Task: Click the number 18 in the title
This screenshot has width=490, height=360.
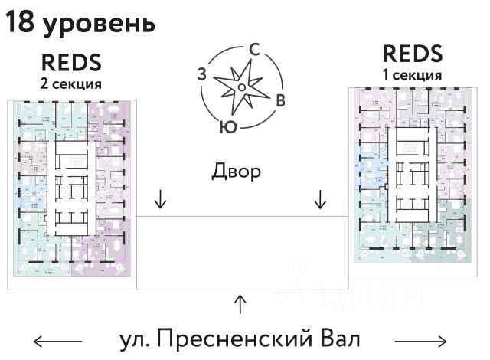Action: [x=20, y=23]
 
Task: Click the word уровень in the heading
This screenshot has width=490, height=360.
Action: [x=99, y=25]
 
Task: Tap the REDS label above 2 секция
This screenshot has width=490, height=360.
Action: [x=71, y=61]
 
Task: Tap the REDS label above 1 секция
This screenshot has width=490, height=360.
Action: [x=412, y=54]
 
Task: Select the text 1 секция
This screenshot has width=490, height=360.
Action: [x=412, y=75]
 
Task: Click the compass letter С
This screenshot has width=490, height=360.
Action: [x=256, y=50]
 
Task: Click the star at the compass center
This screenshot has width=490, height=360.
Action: [x=240, y=87]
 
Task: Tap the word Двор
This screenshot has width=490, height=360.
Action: [x=237, y=171]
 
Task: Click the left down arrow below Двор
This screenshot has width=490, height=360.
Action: [x=160, y=199]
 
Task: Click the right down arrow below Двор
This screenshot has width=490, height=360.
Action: [x=320, y=199]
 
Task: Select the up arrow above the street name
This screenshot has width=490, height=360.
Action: [x=240, y=304]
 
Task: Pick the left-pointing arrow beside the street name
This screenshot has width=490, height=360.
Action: [x=57, y=339]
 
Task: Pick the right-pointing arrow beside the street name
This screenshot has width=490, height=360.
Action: [x=421, y=339]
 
